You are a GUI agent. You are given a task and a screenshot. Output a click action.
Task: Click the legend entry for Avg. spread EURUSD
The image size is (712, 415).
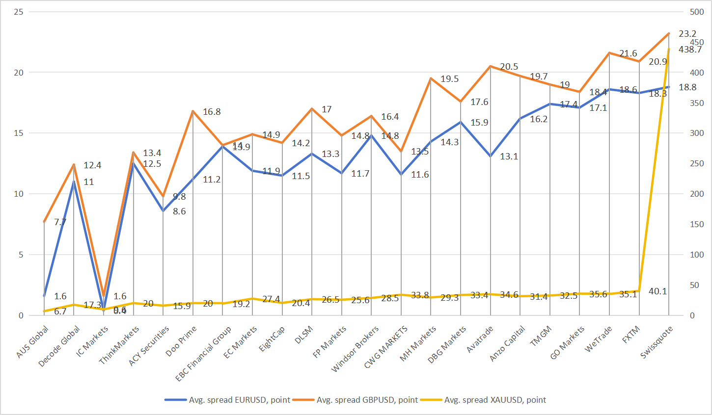pos(239,400)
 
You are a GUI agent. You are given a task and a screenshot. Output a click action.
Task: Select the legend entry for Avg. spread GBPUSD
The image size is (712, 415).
pos(367,400)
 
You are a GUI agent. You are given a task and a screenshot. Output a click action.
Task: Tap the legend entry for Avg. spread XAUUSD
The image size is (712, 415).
pos(494,400)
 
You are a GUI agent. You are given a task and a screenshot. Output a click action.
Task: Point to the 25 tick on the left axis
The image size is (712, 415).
pos(19,12)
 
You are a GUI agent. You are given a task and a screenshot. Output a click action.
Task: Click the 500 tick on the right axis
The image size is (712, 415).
pos(697,12)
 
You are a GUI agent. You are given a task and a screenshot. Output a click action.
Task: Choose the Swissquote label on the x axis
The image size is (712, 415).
pos(657,342)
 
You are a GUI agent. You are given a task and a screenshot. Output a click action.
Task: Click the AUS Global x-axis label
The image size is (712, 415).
pos(33,341)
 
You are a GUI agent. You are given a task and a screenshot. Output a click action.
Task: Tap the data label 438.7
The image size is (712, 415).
pos(690,50)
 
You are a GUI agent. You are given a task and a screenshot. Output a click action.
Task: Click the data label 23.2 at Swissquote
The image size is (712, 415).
pos(687,34)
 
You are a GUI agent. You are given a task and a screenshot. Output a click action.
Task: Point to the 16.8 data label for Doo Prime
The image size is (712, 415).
pos(212,112)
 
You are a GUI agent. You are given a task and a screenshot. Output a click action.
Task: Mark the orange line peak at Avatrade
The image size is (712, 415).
pos(490,66)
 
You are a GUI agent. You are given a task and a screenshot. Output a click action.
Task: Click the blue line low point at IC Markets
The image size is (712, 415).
pos(104,309)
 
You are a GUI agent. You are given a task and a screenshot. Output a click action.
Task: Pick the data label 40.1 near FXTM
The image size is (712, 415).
pos(657,291)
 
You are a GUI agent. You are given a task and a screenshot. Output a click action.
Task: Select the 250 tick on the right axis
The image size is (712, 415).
pos(697,163)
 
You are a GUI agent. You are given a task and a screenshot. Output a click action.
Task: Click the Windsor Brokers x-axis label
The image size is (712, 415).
pos(356,349)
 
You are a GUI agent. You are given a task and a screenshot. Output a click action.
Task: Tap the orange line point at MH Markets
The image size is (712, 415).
pos(431,78)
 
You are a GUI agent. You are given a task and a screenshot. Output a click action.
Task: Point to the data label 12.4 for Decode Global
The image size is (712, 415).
pos(92,165)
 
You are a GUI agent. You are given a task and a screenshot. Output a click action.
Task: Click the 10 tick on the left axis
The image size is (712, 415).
pos(19,194)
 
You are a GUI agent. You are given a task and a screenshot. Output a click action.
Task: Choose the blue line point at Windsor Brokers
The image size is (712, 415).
pos(371,135)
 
